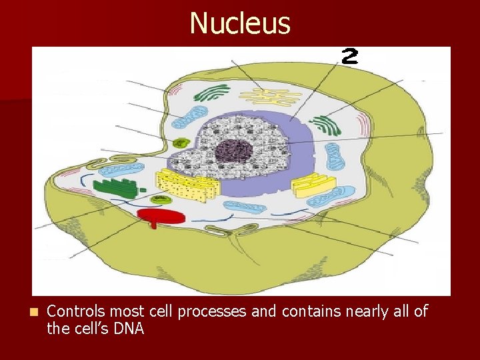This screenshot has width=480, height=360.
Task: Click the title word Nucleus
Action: pos(240,23)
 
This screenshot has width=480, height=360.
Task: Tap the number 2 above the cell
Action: pos(349,56)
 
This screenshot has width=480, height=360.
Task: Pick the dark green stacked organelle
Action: pos(116,187)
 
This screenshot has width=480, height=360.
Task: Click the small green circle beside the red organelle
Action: pos(159,199)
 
